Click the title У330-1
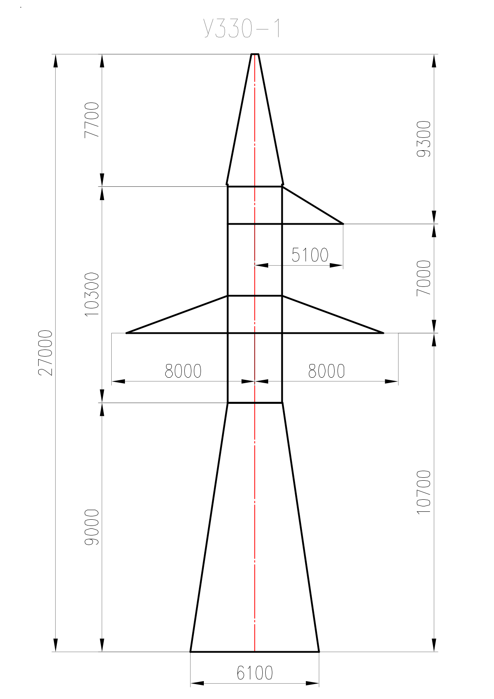point(242,29)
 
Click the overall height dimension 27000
point(46,353)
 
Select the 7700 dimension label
point(92,120)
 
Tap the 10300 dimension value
point(92,294)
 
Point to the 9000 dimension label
point(92,528)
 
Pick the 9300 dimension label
point(424,139)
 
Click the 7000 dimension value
point(424,278)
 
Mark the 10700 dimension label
point(424,492)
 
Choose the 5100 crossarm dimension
point(310,254)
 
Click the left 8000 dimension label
point(183,371)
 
